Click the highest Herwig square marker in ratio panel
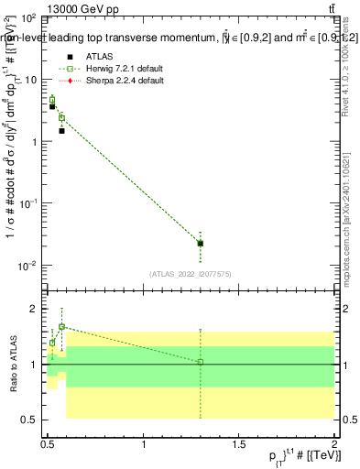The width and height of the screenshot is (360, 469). point(61,326)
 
